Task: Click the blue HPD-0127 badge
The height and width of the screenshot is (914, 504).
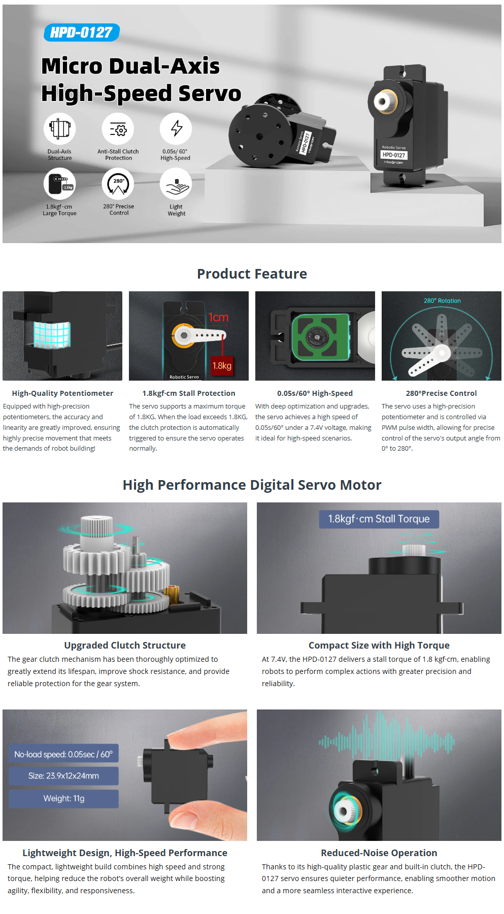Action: [82, 32]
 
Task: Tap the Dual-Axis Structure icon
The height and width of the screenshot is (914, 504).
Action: [60, 128]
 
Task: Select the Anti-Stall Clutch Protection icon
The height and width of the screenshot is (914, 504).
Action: [118, 128]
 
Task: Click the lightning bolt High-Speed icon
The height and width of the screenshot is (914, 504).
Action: [176, 128]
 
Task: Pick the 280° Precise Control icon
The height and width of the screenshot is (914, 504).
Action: [118, 184]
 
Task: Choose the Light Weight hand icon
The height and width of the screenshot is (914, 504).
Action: [176, 184]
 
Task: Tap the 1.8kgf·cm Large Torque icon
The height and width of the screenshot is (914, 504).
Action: [60, 184]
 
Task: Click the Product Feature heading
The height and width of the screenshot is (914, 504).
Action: [252, 274]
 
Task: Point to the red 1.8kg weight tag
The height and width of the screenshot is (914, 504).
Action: [222, 365]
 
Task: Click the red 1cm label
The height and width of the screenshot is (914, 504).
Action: [218, 318]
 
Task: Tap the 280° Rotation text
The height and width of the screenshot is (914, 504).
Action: [442, 301]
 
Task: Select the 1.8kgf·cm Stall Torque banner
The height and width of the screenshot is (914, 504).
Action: [379, 519]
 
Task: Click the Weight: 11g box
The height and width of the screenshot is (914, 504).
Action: [64, 799]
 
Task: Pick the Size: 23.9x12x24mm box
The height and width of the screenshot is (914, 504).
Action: [64, 776]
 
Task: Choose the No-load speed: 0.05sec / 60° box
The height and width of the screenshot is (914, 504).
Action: [64, 754]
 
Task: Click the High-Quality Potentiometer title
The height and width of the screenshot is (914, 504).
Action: [62, 393]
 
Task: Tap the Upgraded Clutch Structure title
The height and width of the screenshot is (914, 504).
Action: [125, 646]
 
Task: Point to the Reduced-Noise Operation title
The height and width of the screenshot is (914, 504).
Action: [379, 853]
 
